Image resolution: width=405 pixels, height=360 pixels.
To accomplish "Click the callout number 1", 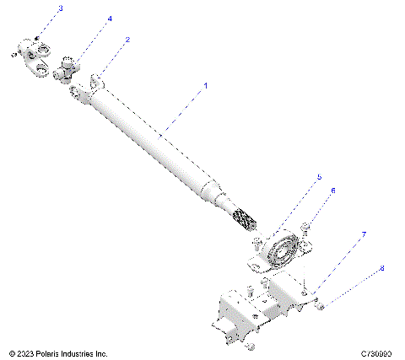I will point(204,86).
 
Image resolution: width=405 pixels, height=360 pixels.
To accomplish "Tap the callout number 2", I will point(127,40).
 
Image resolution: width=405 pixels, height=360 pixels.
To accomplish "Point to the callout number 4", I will point(110,19).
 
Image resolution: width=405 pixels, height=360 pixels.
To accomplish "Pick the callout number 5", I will point(319,177).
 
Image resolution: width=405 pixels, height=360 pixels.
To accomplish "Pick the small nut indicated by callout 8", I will point(321,300).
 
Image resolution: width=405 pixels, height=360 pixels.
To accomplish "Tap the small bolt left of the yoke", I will point(13,55).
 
